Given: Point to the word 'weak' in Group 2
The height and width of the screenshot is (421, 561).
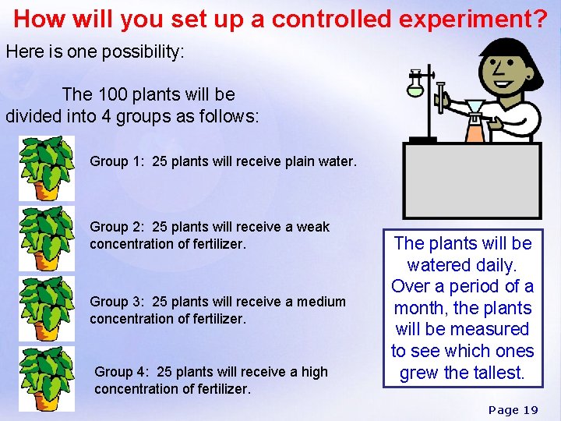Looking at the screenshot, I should [x=313, y=227].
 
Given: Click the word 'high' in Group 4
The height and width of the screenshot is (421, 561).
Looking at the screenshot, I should [x=312, y=372].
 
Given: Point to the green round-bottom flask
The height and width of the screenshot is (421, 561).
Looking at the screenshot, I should [x=415, y=87].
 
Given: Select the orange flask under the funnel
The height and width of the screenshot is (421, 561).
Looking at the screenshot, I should [x=474, y=129].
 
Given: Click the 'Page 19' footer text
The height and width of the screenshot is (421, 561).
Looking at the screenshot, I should [x=513, y=410].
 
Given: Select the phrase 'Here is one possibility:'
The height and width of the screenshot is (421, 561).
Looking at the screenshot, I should [x=95, y=53].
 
